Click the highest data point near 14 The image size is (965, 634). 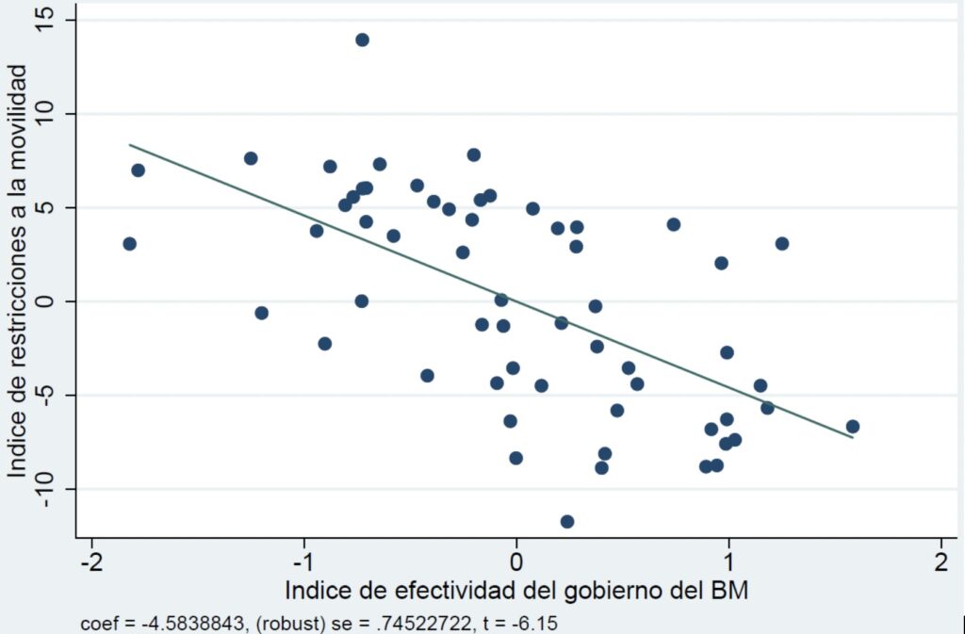(362, 40)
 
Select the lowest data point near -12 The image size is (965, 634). (567, 521)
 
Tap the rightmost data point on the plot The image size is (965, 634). (853, 426)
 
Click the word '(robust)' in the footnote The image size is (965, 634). (274, 624)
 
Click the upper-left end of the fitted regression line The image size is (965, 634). (130, 144)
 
